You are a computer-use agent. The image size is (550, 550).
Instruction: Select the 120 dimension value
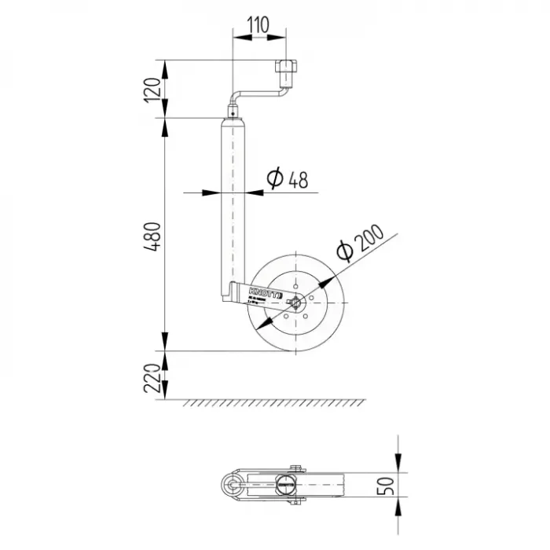154,88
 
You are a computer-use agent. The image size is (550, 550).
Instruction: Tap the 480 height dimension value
154,236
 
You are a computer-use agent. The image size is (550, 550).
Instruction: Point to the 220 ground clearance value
154,376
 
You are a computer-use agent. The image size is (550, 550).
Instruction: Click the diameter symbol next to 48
274,180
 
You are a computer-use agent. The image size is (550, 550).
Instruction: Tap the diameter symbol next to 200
343,251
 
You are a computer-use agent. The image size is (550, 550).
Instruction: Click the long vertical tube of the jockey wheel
234,204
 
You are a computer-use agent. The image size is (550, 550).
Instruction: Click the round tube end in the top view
233,485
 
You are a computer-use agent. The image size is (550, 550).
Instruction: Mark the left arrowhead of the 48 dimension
217,192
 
